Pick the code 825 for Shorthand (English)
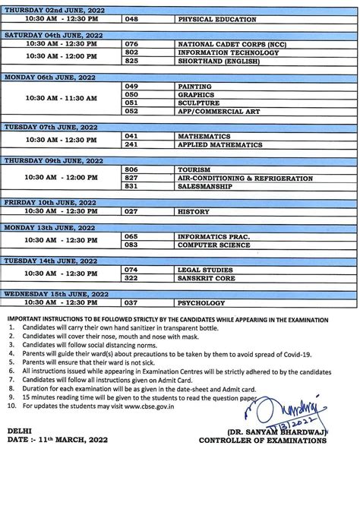(x=132, y=62)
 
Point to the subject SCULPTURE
(x=198, y=103)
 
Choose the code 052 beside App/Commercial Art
(x=133, y=111)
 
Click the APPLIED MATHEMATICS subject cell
(x=220, y=144)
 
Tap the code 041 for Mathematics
(x=132, y=135)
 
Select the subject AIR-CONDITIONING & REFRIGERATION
(x=245, y=177)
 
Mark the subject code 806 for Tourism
(x=131, y=169)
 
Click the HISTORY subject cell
(x=193, y=212)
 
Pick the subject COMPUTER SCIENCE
(x=214, y=245)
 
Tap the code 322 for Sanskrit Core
(x=132, y=277)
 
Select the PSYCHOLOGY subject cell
(x=200, y=302)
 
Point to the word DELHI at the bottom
(x=19, y=431)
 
